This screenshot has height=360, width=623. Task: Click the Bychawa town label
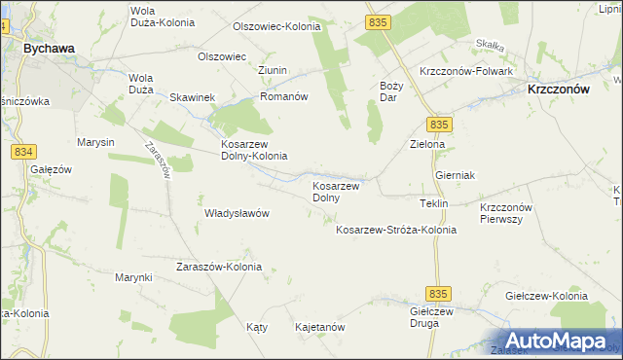tap(51, 46)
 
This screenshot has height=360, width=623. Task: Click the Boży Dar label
tap(389, 91)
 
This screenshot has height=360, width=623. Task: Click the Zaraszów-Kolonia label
tap(217, 267)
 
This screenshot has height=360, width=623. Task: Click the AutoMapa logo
tap(558, 342)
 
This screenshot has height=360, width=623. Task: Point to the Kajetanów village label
tap(320, 328)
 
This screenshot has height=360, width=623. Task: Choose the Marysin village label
tap(96, 142)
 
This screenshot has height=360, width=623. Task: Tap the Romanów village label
tap(283, 97)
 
